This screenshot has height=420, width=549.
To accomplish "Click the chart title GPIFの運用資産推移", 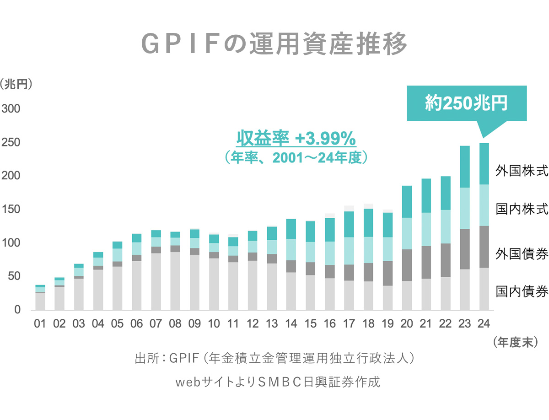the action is point(274,44).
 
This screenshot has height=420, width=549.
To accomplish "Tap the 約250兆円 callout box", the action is point(467,103).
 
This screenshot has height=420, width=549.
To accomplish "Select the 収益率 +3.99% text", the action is point(296,138).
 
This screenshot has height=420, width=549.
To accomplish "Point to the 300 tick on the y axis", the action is point(11,109).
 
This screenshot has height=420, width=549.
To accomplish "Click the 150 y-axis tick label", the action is point(11,209).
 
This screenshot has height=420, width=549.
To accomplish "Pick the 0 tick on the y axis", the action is point(17,310).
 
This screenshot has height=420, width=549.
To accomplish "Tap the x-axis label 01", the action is point(40,323).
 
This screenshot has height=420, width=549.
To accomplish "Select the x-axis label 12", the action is point(253,323).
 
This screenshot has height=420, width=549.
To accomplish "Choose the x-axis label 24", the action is point(484,323).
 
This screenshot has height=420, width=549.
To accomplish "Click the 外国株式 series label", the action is point(522,171).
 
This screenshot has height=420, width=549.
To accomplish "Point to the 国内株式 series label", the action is point(522,209).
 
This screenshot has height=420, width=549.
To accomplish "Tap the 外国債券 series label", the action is point(522,254).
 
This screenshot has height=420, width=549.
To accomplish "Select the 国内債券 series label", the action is point(522,291).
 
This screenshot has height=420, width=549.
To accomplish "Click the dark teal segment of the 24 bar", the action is point(484,164).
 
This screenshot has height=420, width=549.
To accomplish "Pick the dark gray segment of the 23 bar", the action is point(465,249).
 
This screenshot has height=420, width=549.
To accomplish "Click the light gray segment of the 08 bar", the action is point(175,281).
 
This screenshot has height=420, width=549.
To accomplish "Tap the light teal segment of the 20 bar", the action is point(407,234).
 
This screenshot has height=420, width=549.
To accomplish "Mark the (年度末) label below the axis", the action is point(516,343).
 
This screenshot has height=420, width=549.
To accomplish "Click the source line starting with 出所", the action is point(274,358).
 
